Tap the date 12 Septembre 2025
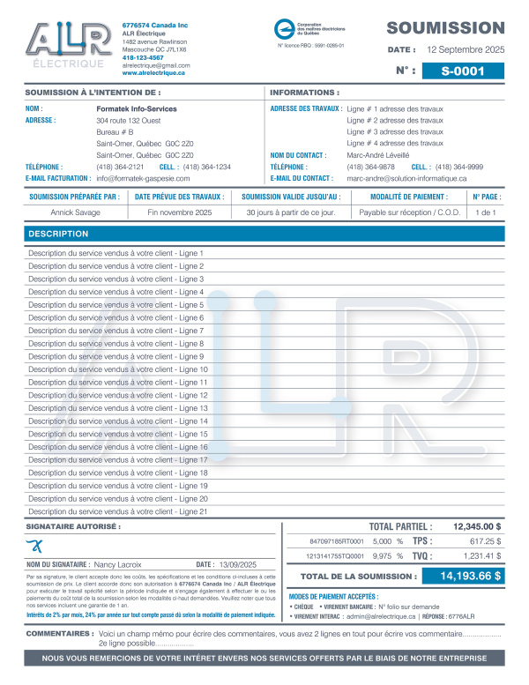(x=466, y=50)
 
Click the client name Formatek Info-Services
(x=137, y=108)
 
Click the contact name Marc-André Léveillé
(x=378, y=154)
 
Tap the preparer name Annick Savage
(x=74, y=212)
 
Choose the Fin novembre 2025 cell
(x=180, y=212)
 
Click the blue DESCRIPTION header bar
(x=264, y=234)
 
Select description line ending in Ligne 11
(x=118, y=383)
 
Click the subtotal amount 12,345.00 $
(x=476, y=525)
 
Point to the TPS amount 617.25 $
(x=485, y=541)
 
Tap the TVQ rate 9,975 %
(x=388, y=556)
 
